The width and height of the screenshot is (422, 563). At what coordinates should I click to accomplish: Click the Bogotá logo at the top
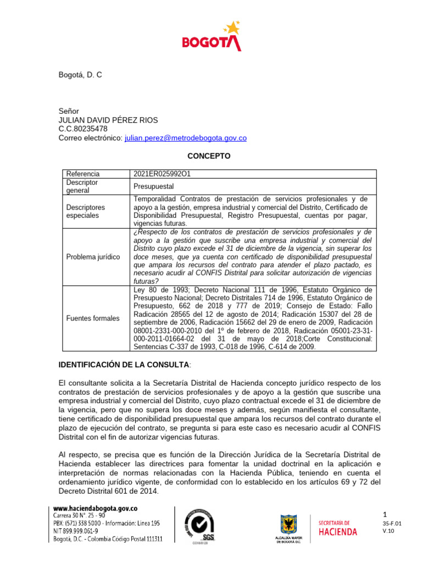click(211, 36)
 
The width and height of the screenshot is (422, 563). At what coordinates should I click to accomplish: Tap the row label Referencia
click(82, 174)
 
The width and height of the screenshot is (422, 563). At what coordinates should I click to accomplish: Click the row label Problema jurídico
click(93, 257)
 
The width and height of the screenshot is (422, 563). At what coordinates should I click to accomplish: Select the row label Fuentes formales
click(92, 318)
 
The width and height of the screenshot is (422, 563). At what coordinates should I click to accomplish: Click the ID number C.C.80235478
click(83, 129)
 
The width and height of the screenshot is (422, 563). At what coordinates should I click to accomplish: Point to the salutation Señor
click(69, 112)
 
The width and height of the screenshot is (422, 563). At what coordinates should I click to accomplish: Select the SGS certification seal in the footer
click(203, 526)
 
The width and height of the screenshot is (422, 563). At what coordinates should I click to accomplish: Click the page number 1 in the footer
click(385, 514)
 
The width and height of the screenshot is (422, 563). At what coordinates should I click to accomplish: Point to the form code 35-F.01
click(392, 524)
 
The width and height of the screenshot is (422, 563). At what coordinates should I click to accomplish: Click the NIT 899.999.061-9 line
click(75, 532)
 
